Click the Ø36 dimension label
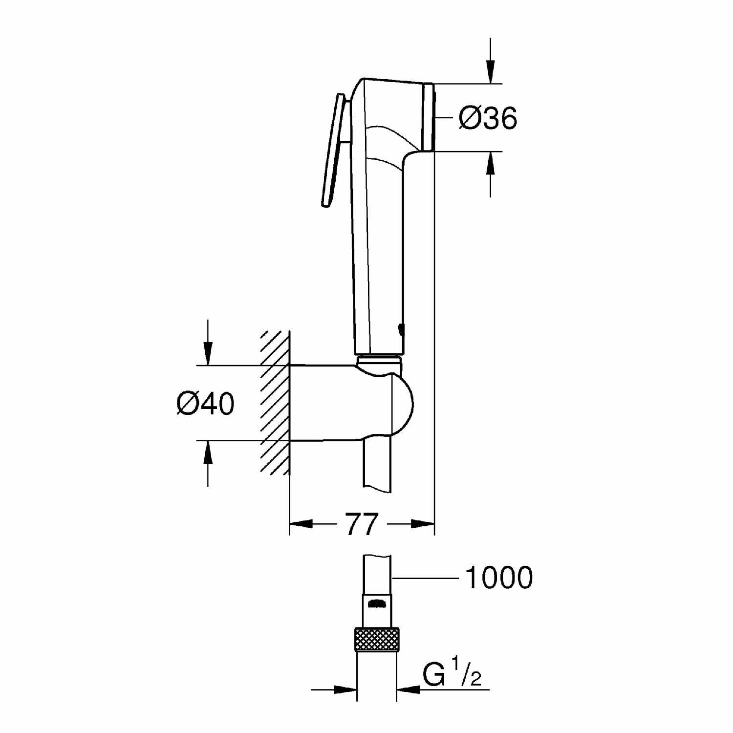click(488, 118)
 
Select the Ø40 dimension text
click(206, 404)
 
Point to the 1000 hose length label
click(499, 578)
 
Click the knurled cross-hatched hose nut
click(377, 639)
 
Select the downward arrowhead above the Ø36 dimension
click(491, 71)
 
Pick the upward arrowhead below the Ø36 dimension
click(491, 163)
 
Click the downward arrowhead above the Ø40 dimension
click(208, 353)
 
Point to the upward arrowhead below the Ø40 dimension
click(208, 453)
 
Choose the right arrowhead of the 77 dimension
click(423, 524)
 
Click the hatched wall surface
click(275, 403)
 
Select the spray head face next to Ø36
click(428, 117)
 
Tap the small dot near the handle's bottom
click(401, 330)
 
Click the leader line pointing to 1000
click(425, 578)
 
